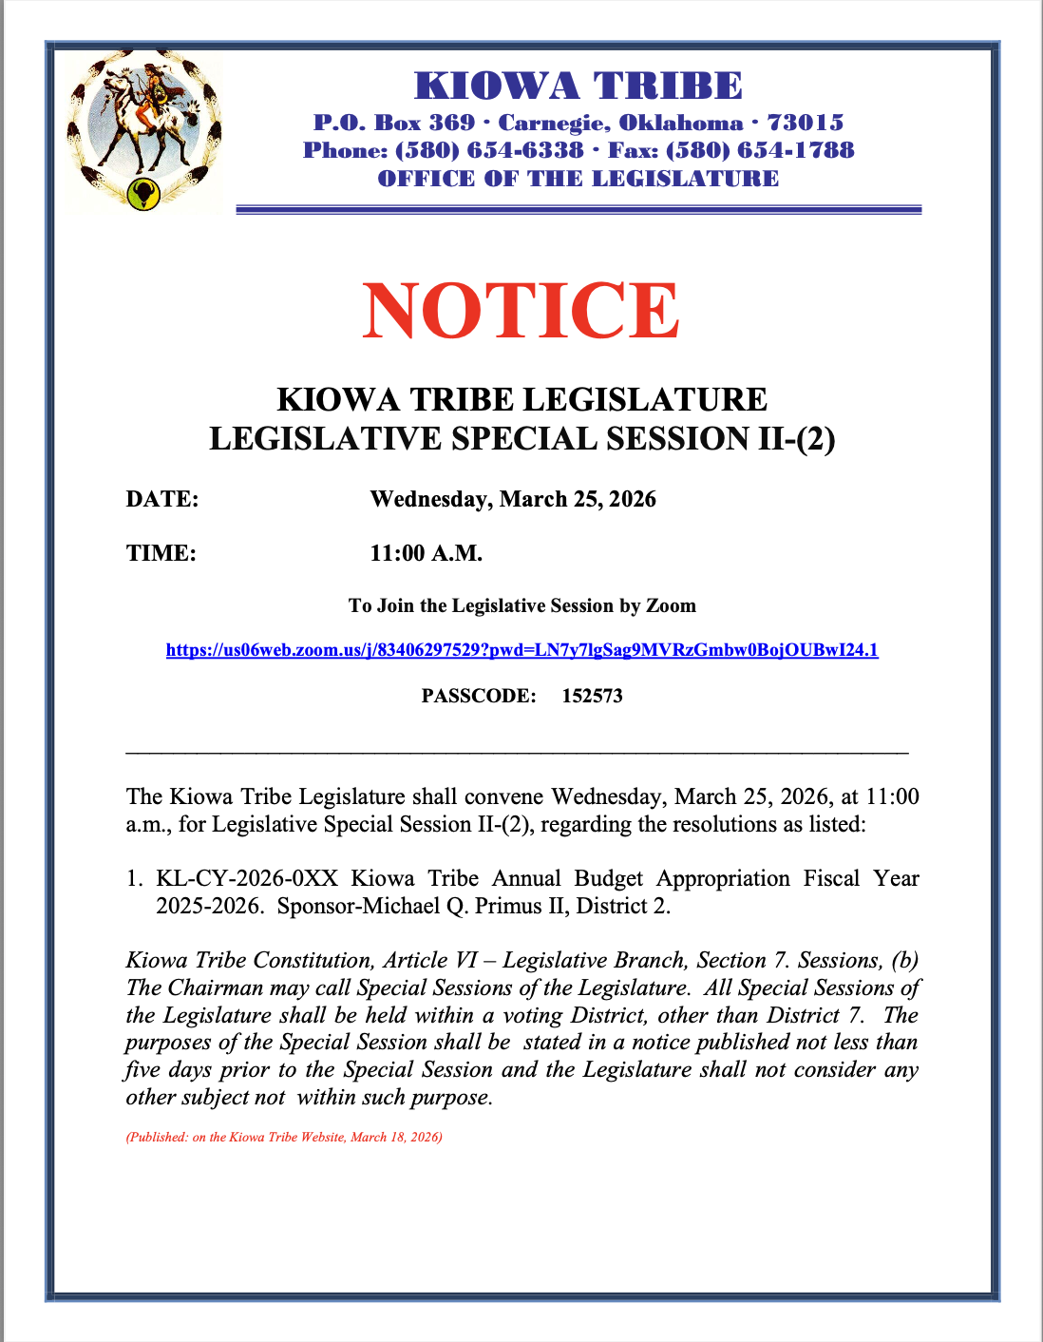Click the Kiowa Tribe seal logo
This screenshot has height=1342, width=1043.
(144, 128)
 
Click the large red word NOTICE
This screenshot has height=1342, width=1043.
(521, 311)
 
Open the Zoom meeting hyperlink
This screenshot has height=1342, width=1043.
(521, 650)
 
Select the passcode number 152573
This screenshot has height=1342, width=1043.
(592, 696)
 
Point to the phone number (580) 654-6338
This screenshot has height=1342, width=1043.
(489, 150)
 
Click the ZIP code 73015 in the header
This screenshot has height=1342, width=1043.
(805, 123)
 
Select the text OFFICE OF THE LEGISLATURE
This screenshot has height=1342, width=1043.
(578, 179)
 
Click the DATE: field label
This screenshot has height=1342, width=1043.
(162, 499)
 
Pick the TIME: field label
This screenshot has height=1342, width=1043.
(161, 553)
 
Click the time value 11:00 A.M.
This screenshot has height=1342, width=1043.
(427, 553)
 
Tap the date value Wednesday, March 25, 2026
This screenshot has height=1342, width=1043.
(513, 499)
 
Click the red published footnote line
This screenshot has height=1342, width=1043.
(284, 1137)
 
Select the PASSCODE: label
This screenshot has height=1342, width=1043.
(479, 696)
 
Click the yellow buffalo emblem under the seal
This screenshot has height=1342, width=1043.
(144, 193)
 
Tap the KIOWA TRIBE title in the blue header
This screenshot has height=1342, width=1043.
(578, 86)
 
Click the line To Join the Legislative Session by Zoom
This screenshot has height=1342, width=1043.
(521, 605)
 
